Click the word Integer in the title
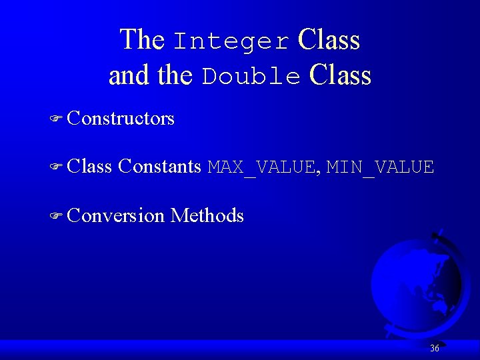pyautogui.click(x=231, y=41)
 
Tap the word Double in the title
pyautogui.click(x=251, y=77)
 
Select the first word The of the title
pyautogui.click(x=141, y=40)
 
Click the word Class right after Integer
pyautogui.click(x=329, y=40)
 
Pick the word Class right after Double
pyautogui.click(x=340, y=75)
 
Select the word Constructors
pyautogui.click(x=121, y=119)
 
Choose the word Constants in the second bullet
pyautogui.click(x=159, y=167)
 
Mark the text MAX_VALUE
pyautogui.click(x=262, y=167)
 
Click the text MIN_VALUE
pyautogui.click(x=380, y=167)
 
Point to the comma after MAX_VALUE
pyautogui.click(x=319, y=172)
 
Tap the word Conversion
pyautogui.click(x=115, y=215)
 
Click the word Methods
pyautogui.click(x=207, y=215)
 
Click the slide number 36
pyautogui.click(x=435, y=348)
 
